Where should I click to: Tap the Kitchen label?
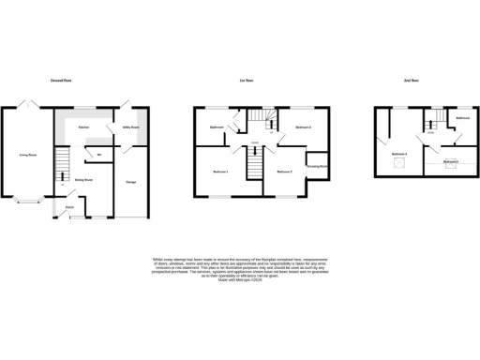click(x=83, y=127)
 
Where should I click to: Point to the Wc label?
click(x=97, y=154)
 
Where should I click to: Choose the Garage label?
click(x=132, y=180)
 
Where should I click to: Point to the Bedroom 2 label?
click(x=303, y=127)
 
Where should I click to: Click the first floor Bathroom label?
click(x=217, y=127)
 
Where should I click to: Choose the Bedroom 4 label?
click(x=399, y=153)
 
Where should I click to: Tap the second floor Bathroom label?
click(x=462, y=118)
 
